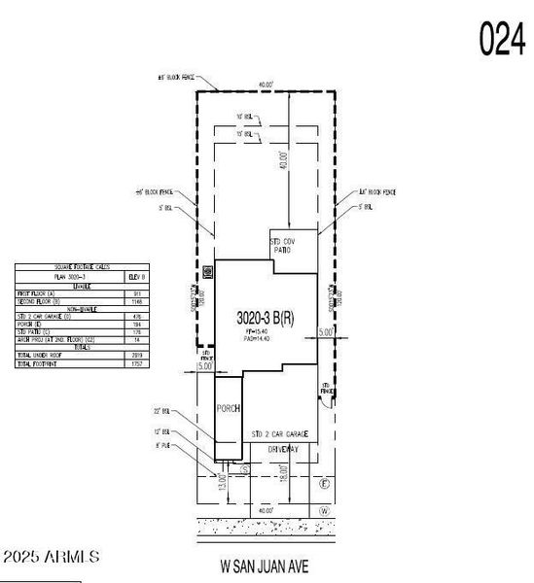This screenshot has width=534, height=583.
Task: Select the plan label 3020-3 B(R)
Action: [x=266, y=318]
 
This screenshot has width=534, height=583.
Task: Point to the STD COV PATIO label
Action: [x=281, y=245]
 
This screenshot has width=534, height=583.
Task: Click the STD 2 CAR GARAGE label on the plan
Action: [x=280, y=433]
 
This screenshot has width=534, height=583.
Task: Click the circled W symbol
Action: [x=325, y=510]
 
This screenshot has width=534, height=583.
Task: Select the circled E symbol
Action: [x=325, y=483]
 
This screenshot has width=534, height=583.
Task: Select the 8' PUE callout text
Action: [x=163, y=446]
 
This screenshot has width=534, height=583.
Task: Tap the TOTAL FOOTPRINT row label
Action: [x=38, y=363]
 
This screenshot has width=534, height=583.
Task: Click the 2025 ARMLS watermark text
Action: [x=51, y=558]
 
